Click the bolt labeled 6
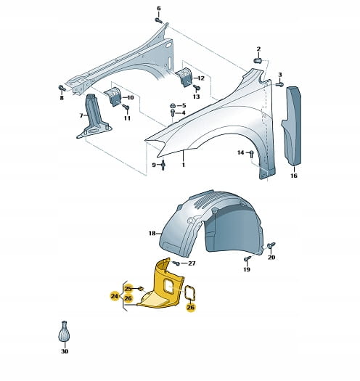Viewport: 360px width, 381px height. (158, 20)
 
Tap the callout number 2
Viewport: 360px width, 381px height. (258, 49)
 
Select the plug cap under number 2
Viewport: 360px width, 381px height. (258, 60)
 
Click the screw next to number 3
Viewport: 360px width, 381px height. (279, 85)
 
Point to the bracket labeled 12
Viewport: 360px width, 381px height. (184, 77)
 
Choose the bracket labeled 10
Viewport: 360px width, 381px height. (113, 97)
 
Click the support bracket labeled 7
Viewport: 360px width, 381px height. (94, 118)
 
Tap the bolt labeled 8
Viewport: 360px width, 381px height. (62, 89)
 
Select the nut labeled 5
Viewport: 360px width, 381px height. (173, 106)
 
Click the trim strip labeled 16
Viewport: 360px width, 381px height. (292, 126)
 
